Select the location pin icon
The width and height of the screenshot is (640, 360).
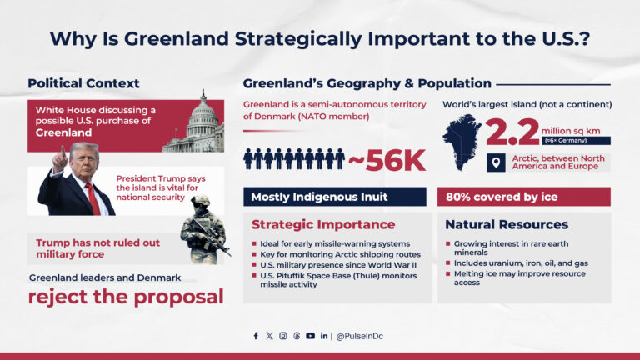(x=494, y=162)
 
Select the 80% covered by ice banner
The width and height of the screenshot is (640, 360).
(x=523, y=197)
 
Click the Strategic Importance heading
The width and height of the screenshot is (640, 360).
(x=323, y=224)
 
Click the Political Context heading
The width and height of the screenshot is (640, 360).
(x=83, y=83)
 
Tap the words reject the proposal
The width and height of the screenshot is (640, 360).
(x=126, y=296)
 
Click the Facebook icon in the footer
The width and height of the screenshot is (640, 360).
(x=256, y=336)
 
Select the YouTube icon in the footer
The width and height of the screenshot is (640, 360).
(x=310, y=336)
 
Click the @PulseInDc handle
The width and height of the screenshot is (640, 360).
(x=360, y=336)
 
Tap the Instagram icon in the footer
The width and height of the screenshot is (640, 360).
(x=282, y=336)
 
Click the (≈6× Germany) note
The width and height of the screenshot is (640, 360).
(x=562, y=141)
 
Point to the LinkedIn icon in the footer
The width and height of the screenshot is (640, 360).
(x=323, y=336)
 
